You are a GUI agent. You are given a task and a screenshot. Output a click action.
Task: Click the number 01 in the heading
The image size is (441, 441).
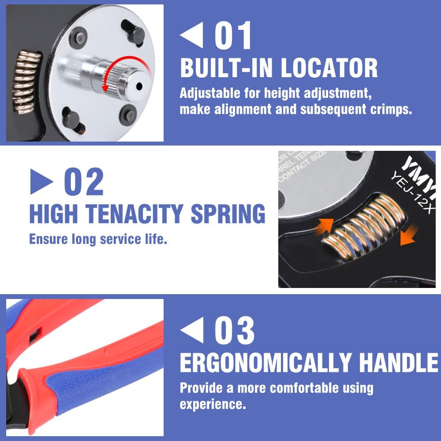[233, 35]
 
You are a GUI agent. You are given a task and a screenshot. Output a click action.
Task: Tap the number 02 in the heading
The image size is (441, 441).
[84, 181]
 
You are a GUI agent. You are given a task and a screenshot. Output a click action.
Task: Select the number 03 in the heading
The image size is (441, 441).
[234, 331]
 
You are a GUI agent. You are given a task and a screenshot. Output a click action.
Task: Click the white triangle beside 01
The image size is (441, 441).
[192, 36]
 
